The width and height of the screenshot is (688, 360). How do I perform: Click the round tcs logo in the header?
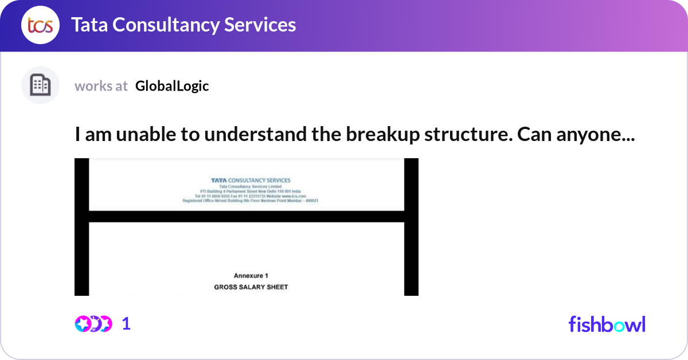tap(40, 25)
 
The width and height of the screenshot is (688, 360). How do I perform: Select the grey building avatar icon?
tap(40, 85)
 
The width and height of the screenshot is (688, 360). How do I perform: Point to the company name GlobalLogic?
tap(172, 86)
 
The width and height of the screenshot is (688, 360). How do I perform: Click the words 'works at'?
tap(101, 86)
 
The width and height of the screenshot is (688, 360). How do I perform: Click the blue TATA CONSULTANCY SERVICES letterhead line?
tap(251, 180)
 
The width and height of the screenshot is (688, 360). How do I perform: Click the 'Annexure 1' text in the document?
tap(251, 276)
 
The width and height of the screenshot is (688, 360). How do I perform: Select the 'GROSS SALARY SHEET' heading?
tap(251, 287)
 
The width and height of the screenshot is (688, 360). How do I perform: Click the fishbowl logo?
tap(607, 324)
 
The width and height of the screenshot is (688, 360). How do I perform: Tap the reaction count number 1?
tap(126, 324)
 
